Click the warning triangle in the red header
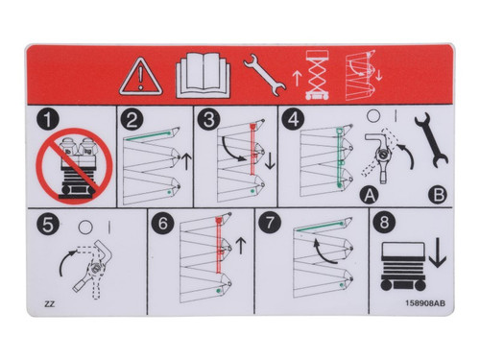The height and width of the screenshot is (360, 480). pyautogui.click(x=140, y=75)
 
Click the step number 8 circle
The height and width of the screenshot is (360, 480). pyautogui.click(x=385, y=227)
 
